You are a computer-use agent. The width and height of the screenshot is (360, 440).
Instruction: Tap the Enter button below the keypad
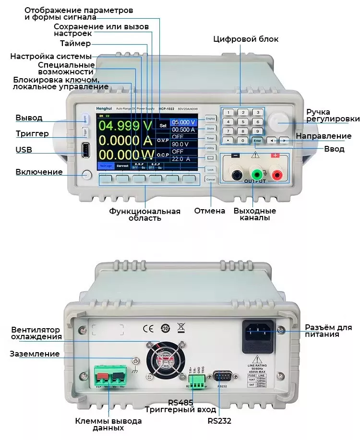(x=258, y=141)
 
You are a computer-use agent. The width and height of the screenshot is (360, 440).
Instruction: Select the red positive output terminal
(x=276, y=175)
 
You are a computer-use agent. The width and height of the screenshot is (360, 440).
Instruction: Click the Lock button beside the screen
(x=210, y=169)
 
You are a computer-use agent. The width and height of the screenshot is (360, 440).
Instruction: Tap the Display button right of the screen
(x=210, y=118)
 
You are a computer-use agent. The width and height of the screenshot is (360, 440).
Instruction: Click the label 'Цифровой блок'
(x=245, y=39)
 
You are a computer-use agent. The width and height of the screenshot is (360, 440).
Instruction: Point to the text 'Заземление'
(x=35, y=354)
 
